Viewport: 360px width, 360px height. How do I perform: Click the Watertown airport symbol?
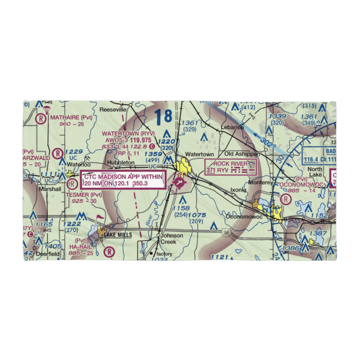point(178,183)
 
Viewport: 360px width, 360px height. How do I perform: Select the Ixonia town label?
point(238,190)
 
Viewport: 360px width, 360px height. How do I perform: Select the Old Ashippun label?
point(242,154)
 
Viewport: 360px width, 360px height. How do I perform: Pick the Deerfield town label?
point(48,253)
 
